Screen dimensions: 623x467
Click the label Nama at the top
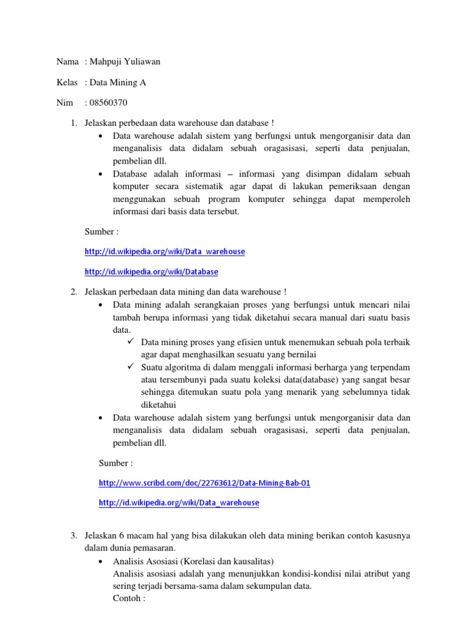(x=67, y=61)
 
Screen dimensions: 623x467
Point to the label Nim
(x=64, y=103)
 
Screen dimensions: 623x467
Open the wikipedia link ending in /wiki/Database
(x=151, y=271)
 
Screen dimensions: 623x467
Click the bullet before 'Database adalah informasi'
(x=100, y=173)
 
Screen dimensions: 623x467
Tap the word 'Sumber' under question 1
(x=98, y=231)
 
